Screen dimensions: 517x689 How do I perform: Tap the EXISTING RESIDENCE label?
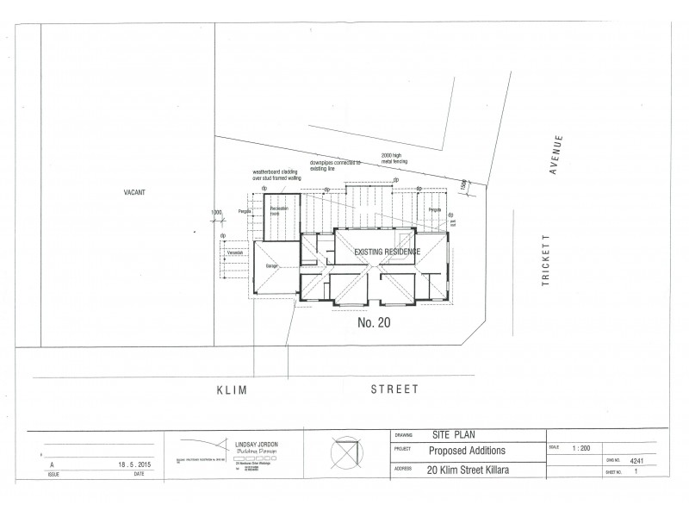(x=388, y=252)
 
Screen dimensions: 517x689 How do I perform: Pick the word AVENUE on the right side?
(x=558, y=155)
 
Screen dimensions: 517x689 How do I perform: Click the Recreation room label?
(x=279, y=211)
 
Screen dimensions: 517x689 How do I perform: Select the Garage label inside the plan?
(x=270, y=268)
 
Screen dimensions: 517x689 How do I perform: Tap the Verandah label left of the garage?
(x=235, y=253)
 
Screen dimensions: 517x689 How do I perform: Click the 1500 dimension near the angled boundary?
(x=462, y=183)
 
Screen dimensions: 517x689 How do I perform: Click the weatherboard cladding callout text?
(x=275, y=175)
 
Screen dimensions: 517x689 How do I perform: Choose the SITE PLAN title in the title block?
(x=453, y=436)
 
